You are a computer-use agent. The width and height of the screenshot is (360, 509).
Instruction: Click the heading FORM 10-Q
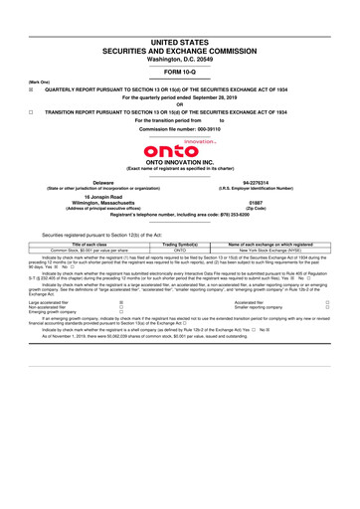[180, 74]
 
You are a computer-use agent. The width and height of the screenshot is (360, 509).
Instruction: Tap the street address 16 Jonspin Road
[101, 195]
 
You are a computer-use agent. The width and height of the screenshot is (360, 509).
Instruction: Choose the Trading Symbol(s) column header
[180, 244]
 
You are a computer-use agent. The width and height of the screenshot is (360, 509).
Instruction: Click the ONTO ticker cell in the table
[180, 250]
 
